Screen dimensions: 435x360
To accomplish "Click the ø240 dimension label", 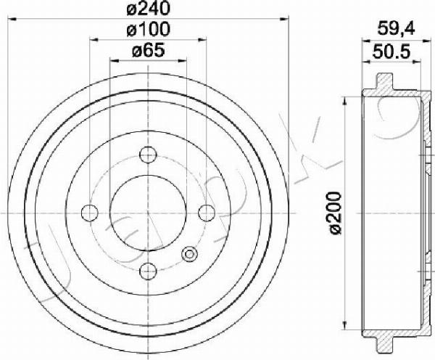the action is pyautogui.click(x=148, y=8).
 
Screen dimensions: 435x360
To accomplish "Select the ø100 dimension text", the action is pyautogui.click(x=148, y=29).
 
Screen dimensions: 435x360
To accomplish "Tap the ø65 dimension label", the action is pyautogui.click(x=149, y=50).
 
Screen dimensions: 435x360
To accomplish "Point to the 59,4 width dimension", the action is pyautogui.click(x=396, y=29).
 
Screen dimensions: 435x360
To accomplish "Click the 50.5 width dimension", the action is pyautogui.click(x=391, y=52).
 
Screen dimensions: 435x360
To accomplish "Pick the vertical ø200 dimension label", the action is pyautogui.click(x=335, y=213).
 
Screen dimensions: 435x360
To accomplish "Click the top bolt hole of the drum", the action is pyautogui.click(x=149, y=155).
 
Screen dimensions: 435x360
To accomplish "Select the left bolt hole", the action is pyautogui.click(x=90, y=213).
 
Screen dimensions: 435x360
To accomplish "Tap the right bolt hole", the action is pyautogui.click(x=207, y=213).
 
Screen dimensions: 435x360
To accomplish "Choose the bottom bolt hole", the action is pyautogui.click(x=149, y=271).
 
